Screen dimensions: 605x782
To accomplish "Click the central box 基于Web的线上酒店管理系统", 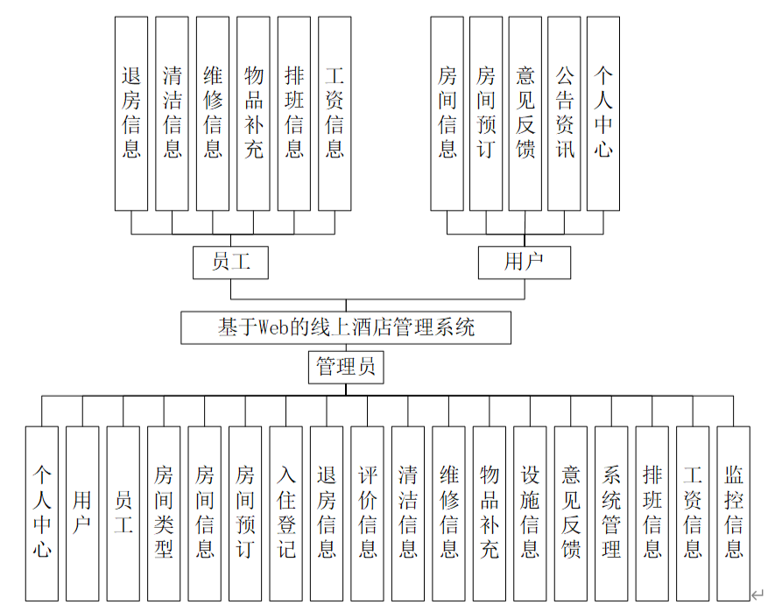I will coord(346,327).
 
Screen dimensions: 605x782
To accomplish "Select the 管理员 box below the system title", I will coord(346,367).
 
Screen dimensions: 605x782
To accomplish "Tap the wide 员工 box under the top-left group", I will coord(230,262).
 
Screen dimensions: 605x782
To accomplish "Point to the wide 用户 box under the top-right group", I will coord(524,262).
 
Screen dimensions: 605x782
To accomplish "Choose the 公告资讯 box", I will coord(564,113).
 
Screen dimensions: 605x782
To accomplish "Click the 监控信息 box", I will coord(733,513).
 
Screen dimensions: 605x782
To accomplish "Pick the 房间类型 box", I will coord(164,513).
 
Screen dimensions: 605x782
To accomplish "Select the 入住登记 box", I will coord(285,513).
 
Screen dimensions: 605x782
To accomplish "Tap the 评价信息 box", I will coord(367,513).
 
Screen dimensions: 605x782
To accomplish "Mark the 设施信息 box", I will coord(530,513).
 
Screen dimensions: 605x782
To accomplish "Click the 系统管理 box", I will coord(611,513).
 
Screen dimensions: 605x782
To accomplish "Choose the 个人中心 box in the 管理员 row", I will coord(42,513).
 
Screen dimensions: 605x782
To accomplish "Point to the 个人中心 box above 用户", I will coord(603,113).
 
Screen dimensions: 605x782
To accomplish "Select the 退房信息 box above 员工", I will coord(131,113).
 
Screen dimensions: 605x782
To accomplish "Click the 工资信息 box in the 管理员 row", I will coord(693,513).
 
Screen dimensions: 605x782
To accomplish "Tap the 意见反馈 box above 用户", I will coord(525,113).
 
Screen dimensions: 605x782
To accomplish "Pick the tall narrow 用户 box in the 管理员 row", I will coord(82,513).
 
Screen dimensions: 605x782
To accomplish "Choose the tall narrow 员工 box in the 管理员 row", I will coord(123,513).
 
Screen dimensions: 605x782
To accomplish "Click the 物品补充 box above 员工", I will coord(253,113).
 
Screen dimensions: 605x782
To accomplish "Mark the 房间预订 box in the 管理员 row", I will coord(245,513).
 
